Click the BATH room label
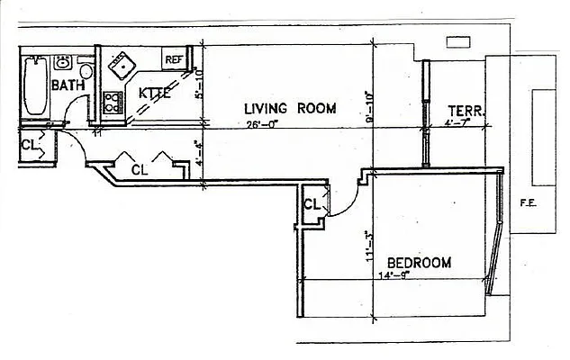click(68, 85)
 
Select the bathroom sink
click(63, 62)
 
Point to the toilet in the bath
click(86, 70)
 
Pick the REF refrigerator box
click(173, 59)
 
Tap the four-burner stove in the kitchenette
click(113, 101)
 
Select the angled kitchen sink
click(120, 65)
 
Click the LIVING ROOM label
click(290, 108)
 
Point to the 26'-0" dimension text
click(263, 125)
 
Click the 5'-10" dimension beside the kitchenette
click(200, 82)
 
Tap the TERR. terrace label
click(466, 112)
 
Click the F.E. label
click(528, 203)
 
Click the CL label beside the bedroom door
click(312, 204)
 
